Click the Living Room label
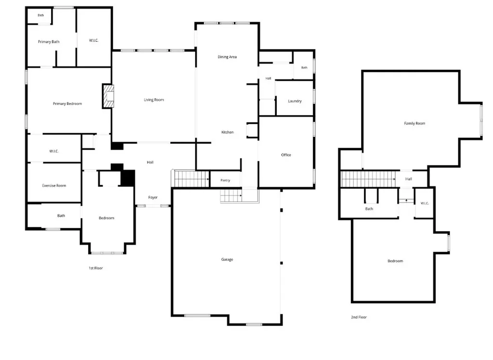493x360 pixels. [x=154, y=100]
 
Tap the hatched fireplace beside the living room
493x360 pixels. [x=108, y=96]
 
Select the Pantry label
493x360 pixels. [x=225, y=180]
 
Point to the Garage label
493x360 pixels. [x=227, y=259]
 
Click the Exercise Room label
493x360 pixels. [x=54, y=185]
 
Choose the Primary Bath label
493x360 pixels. [x=49, y=41]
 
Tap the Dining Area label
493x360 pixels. [x=227, y=57]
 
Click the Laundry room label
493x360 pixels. [x=295, y=101]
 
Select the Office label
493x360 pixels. [x=286, y=154]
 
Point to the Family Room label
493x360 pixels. [x=415, y=123]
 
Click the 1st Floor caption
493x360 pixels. [x=96, y=268]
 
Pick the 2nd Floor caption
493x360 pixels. [x=359, y=317]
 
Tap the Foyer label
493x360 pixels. [x=153, y=197]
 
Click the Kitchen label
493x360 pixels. [x=227, y=132]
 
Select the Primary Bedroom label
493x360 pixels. [x=67, y=103]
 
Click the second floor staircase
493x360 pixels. [x=368, y=179]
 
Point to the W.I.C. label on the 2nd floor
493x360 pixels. [x=425, y=203]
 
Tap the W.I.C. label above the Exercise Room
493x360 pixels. [x=54, y=151]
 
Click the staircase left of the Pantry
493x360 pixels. [x=191, y=179]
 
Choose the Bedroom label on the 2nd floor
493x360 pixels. [x=395, y=261]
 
